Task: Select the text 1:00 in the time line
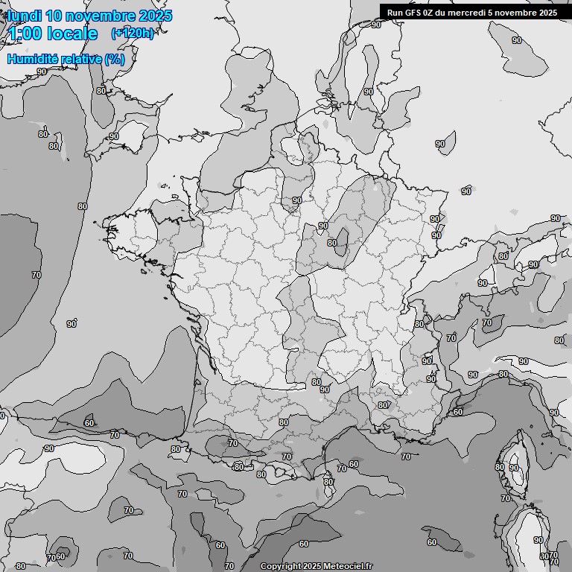[x=25, y=34]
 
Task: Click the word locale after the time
[x=72, y=34]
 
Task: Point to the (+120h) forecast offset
[x=132, y=34]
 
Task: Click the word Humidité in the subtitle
[x=33, y=59]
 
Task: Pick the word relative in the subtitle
[x=81, y=59]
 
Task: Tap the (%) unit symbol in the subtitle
[x=115, y=59]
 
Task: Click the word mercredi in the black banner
[x=467, y=12]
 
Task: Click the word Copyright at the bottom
[x=280, y=566]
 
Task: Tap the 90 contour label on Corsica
[x=513, y=468]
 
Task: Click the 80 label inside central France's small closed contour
[x=332, y=243]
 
